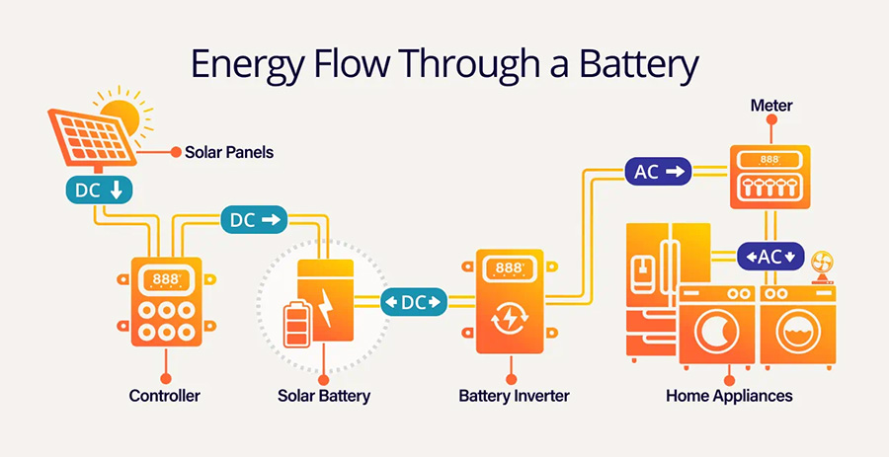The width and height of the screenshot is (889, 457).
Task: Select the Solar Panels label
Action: (229, 152)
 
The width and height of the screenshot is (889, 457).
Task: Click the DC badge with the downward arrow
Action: (99, 190)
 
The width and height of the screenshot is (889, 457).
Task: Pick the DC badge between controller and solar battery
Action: (254, 220)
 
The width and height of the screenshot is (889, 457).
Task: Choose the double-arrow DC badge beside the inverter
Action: (413, 302)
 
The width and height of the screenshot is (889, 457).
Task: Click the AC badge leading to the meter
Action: (658, 171)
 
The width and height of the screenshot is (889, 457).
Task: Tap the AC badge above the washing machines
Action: (770, 257)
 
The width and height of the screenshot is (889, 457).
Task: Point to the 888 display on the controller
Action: (166, 279)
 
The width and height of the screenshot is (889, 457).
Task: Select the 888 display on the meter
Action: (769, 161)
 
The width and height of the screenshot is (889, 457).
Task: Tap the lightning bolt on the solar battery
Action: (326, 308)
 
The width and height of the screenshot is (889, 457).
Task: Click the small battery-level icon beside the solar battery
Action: (297, 325)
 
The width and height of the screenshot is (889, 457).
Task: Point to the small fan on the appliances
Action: (822, 267)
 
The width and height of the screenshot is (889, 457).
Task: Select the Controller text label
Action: (164, 395)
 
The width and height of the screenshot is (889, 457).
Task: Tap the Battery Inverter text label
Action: (514, 395)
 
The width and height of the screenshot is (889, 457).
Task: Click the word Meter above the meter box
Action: (771, 106)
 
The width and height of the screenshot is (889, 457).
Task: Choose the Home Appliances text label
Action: (729, 396)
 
